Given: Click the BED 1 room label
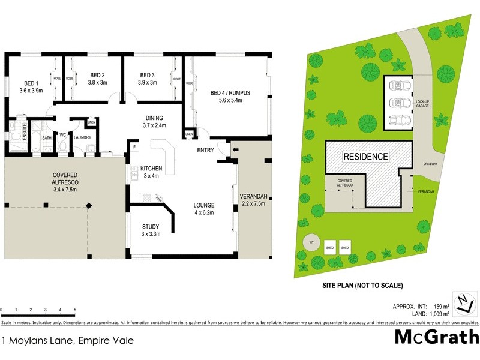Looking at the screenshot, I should coord(31,86).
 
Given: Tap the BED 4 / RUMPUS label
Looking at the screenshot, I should coord(230,96).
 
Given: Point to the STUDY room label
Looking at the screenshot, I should coord(150,230).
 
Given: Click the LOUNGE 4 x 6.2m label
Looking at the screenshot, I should coord(204,208).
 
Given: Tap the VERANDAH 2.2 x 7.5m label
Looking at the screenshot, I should coord(253,200).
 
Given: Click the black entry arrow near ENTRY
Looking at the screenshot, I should coord(235,150).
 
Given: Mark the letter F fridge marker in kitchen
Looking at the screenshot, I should coord(134,146).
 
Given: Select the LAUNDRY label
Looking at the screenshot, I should coord(82,137).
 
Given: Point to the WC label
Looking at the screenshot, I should coord(62,135).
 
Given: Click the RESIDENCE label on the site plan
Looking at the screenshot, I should coord(365,157).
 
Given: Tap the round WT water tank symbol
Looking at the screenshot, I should coord(311,243).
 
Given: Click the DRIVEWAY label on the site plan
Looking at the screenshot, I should coord(431,163).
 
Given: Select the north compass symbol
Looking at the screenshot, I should coord(463,303).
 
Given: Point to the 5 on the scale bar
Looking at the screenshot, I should coord(75,310).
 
